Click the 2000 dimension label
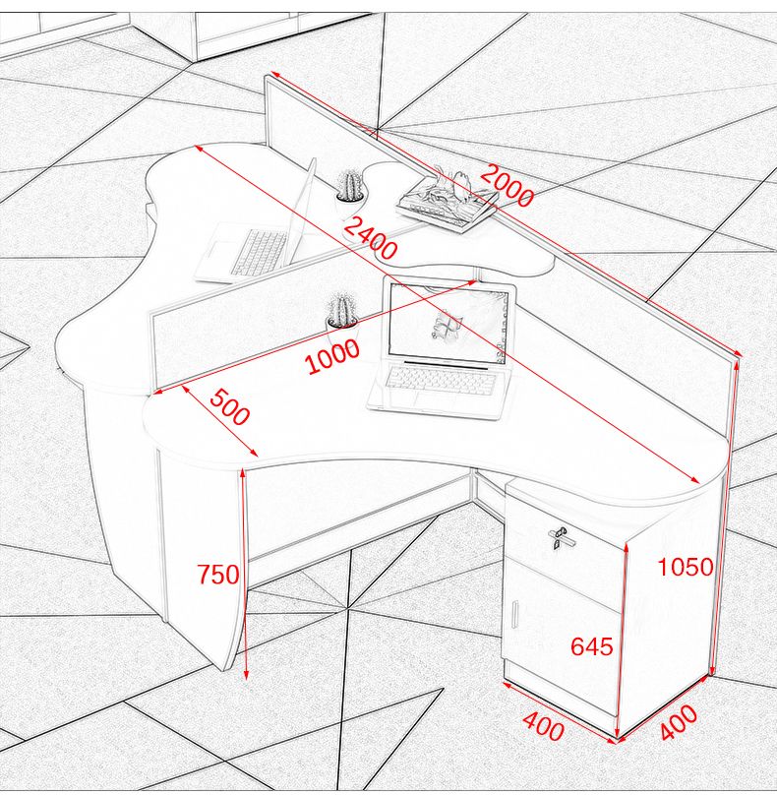(507, 185)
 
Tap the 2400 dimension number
(371, 237)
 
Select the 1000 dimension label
(332, 356)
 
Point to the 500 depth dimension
(230, 406)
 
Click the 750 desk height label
(218, 575)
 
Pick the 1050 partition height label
(686, 567)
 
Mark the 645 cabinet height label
(591, 646)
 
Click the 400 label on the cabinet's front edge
(543, 726)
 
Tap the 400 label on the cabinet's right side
(679, 722)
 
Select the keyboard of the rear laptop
(259, 252)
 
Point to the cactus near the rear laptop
(349, 186)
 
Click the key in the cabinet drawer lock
(558, 536)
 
